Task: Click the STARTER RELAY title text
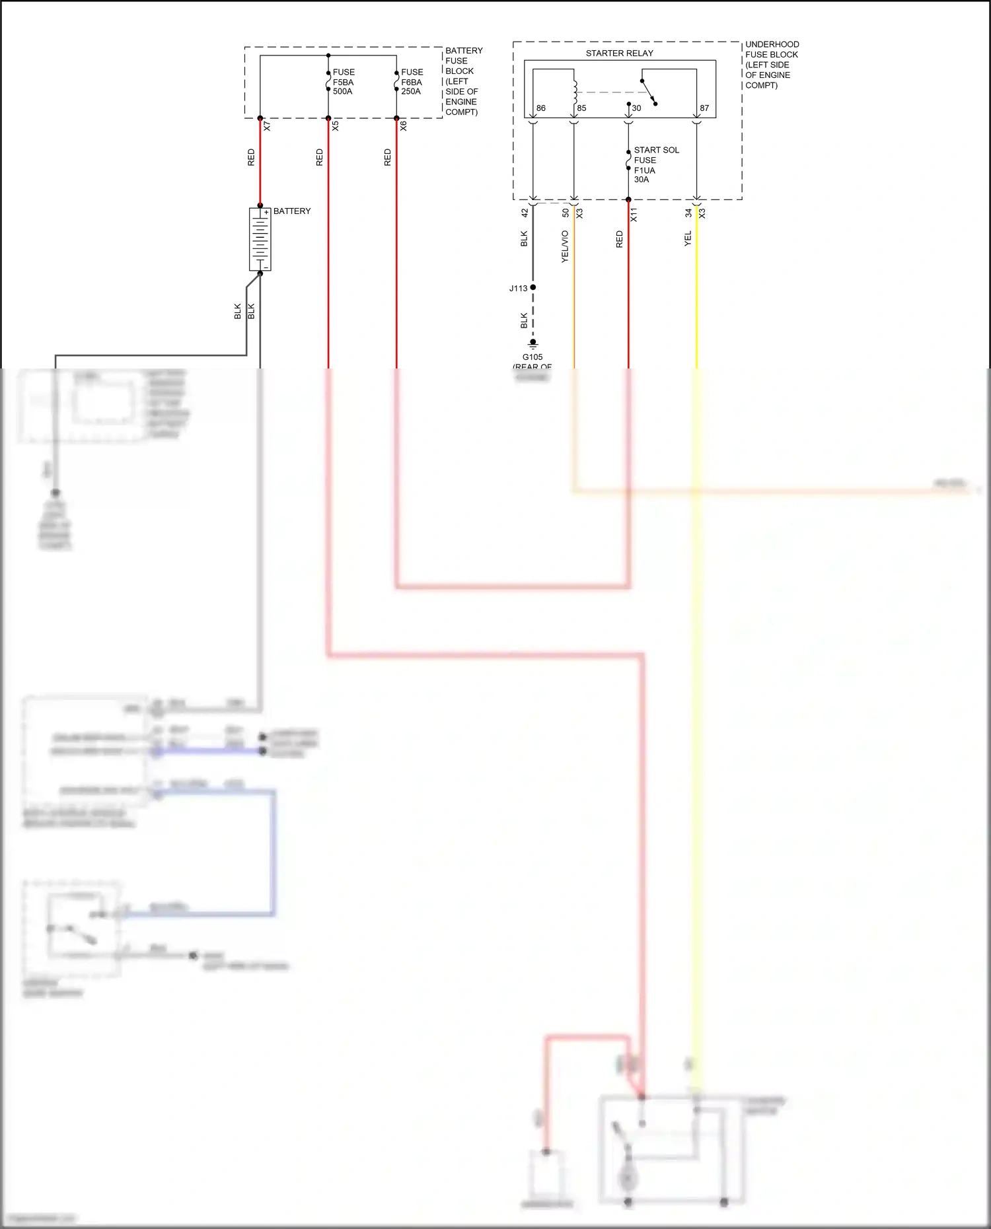(x=619, y=53)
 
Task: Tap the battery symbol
(x=260, y=239)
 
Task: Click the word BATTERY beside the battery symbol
(x=291, y=211)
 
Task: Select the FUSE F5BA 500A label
(x=344, y=82)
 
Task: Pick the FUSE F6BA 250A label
(x=412, y=82)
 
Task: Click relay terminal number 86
(x=541, y=108)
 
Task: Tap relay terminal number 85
(x=581, y=108)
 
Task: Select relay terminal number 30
(x=636, y=108)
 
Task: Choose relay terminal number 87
(x=704, y=108)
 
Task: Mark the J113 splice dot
(x=533, y=287)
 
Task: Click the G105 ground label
(x=532, y=357)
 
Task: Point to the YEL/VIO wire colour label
(x=565, y=246)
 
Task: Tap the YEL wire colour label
(x=688, y=238)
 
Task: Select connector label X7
(x=268, y=125)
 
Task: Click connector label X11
(x=634, y=214)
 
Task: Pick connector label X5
(x=336, y=125)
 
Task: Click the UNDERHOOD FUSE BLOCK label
(x=771, y=65)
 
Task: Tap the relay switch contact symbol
(x=648, y=92)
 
